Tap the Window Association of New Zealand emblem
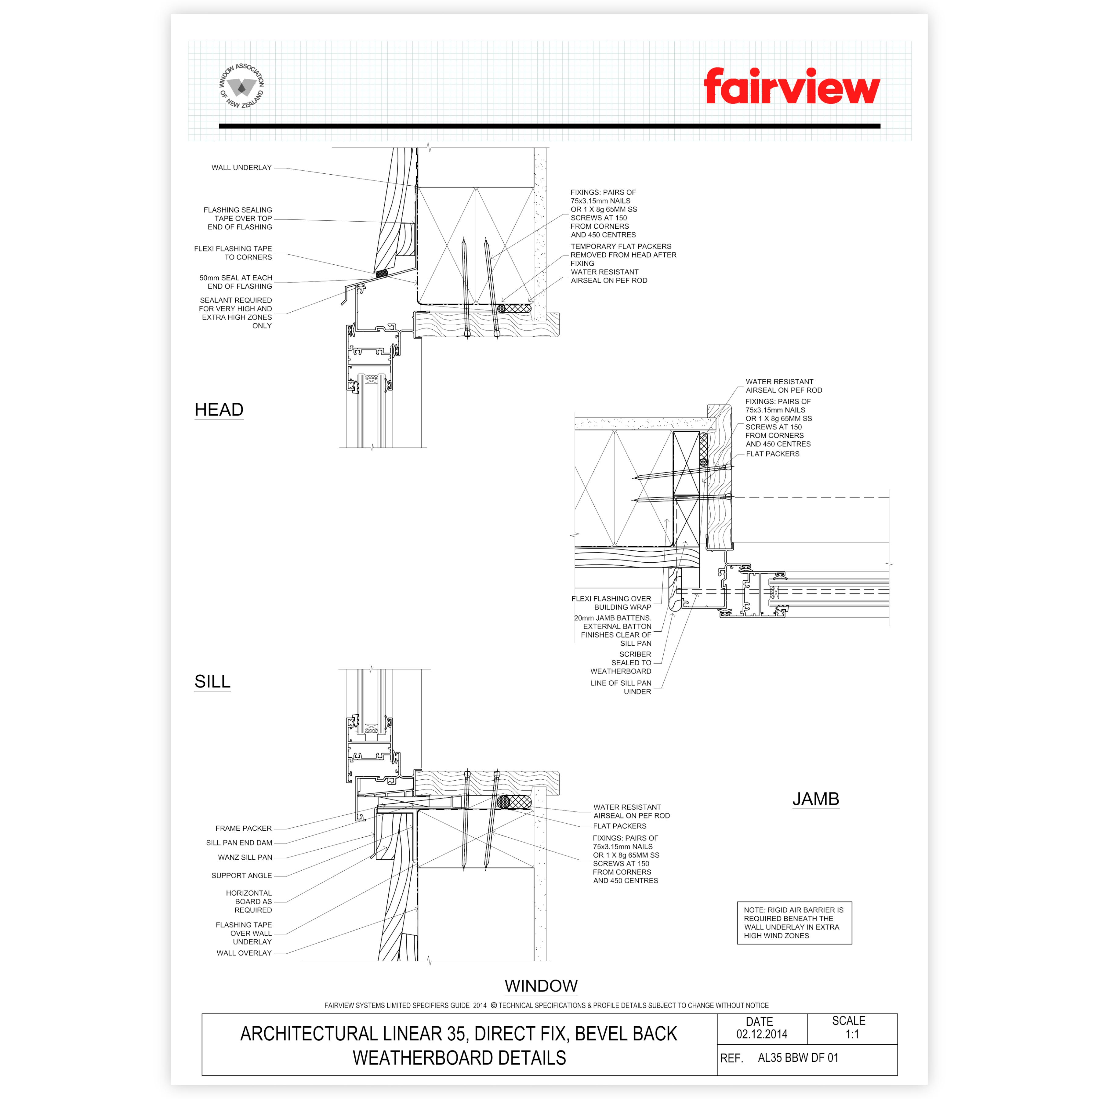[x=242, y=86]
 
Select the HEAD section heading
[x=219, y=410]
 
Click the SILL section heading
[x=212, y=681]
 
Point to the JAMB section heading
[x=816, y=799]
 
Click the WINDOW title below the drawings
[x=541, y=986]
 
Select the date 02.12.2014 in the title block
[x=762, y=1034]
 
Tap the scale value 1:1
[x=852, y=1034]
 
